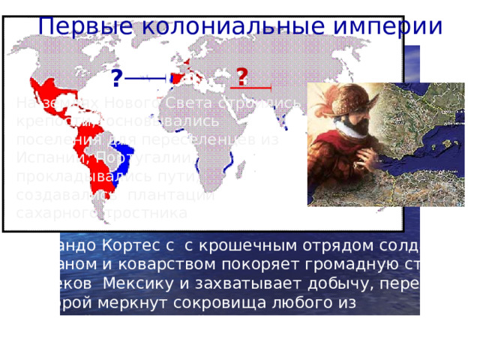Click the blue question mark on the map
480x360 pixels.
click(117, 78)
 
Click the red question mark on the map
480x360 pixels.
click(242, 76)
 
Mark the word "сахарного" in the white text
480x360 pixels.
click(49, 212)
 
